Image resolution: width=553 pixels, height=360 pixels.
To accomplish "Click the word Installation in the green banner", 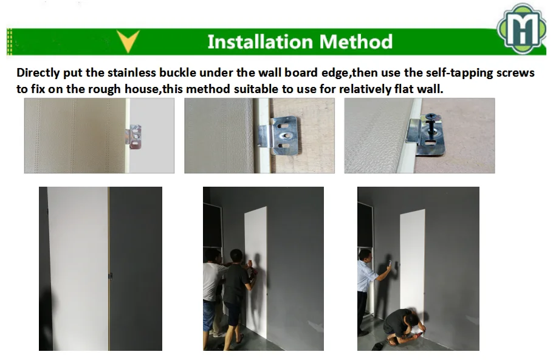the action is [260, 41].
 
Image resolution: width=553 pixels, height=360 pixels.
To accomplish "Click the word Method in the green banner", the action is [356, 41].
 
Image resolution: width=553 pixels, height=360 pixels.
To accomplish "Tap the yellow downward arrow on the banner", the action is [128, 41].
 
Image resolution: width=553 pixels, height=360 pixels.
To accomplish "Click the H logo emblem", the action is [521, 29].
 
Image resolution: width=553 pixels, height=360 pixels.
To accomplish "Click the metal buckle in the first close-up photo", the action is [135, 136].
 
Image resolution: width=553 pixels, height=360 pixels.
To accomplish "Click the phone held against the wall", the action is [390, 263].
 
